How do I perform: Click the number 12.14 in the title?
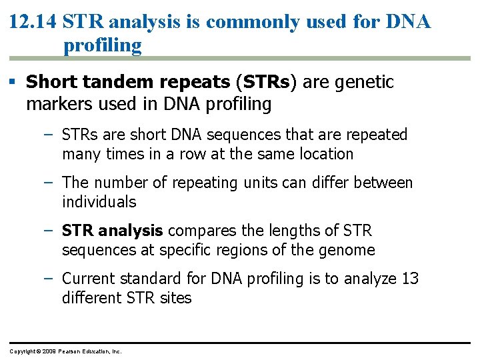(33, 22)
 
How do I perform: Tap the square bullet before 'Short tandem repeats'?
(14, 83)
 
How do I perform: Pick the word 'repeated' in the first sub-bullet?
(376, 135)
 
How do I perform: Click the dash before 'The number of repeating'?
(47, 182)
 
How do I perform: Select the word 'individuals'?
(99, 202)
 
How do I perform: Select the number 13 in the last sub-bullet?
(409, 279)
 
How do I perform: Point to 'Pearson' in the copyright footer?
(70, 351)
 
